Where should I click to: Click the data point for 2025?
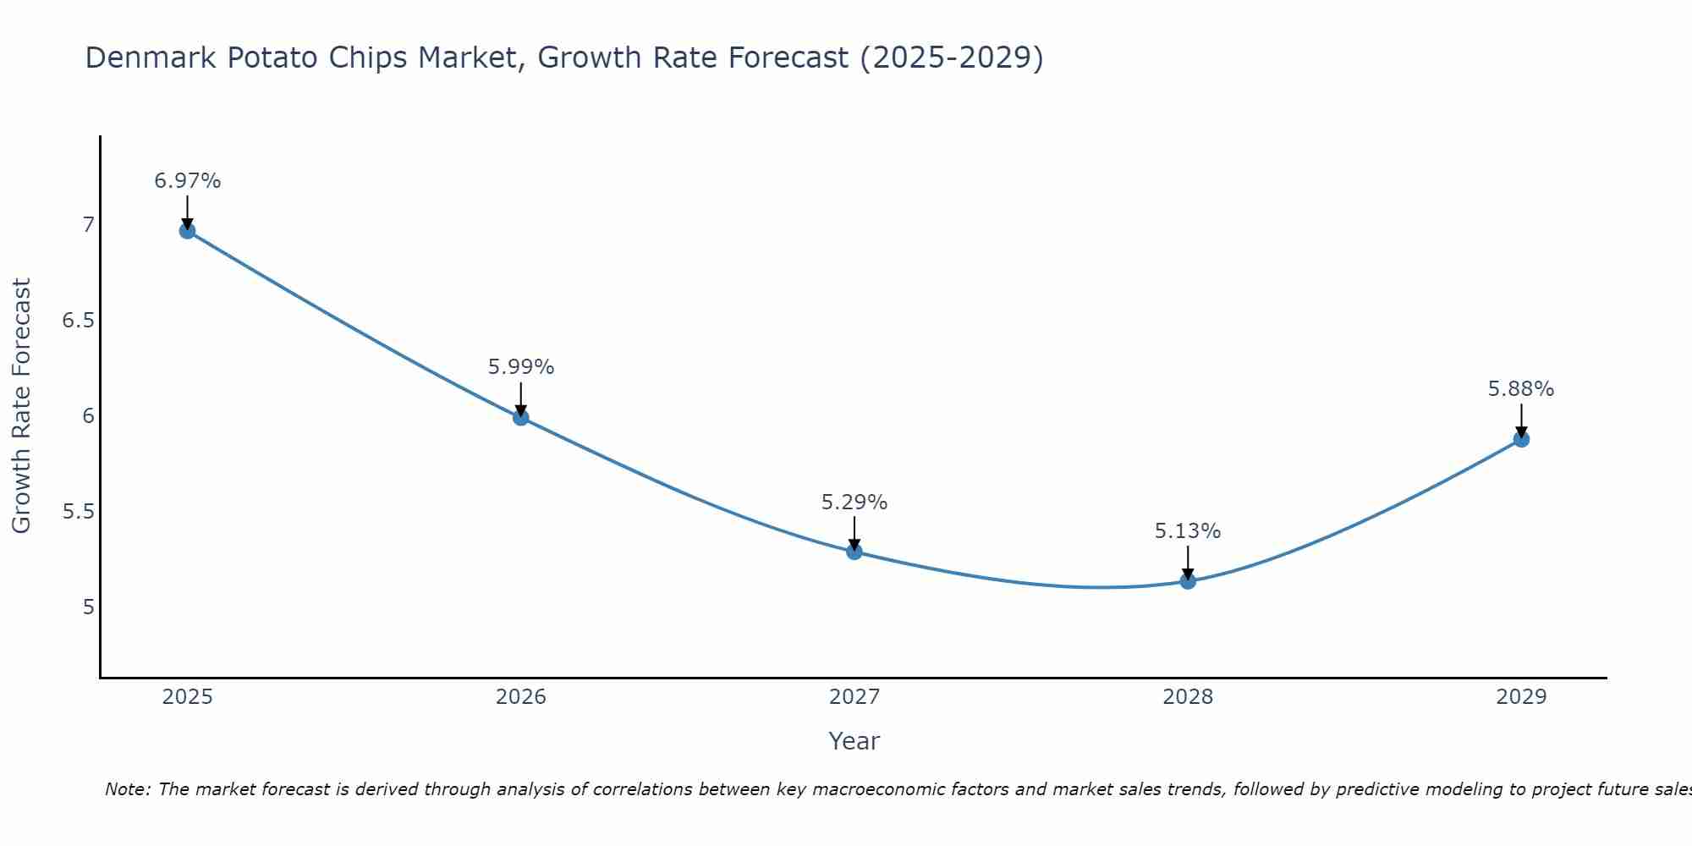tap(187, 230)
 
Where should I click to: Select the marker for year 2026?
tap(520, 417)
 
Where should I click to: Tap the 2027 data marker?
tap(854, 552)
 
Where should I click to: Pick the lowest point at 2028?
tap(1188, 581)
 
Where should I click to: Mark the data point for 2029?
tap(1521, 439)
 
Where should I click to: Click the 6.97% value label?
tap(187, 181)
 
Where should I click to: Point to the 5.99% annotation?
tap(520, 367)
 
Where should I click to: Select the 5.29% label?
tap(854, 503)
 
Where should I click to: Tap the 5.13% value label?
tap(1188, 531)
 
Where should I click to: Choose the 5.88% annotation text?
tap(1521, 389)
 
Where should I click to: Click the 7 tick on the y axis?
tap(88, 225)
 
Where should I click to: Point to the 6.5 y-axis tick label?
tap(78, 321)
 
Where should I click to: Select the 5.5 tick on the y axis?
tap(78, 512)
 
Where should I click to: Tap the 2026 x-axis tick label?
tap(520, 697)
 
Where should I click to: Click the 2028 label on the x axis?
tap(1188, 697)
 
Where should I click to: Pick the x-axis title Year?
tap(854, 741)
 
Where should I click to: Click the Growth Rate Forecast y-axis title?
tap(21, 406)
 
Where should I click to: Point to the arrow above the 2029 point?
tap(1521, 420)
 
